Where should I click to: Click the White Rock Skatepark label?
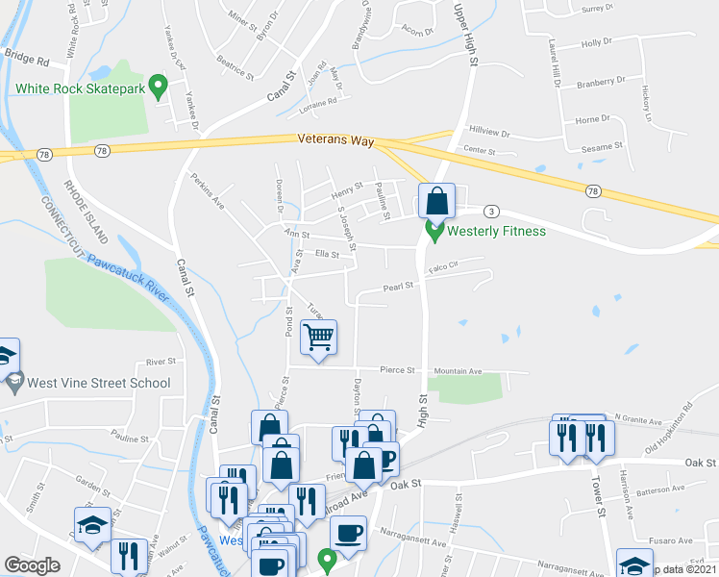[x=80, y=88]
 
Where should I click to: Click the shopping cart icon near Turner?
[x=318, y=337]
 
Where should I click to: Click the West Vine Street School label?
[x=99, y=383]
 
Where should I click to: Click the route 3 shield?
[x=491, y=211]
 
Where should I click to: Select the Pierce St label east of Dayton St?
[x=396, y=369]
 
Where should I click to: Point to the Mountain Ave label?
[x=458, y=370]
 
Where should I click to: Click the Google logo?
[x=32, y=565]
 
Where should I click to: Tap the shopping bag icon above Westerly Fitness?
[x=435, y=202]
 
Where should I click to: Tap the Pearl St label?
[x=398, y=286]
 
